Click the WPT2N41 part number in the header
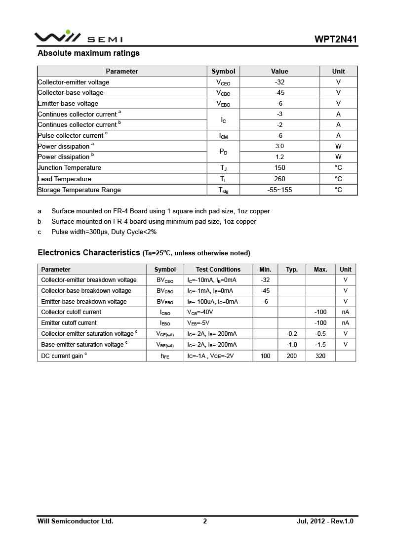(x=335, y=40)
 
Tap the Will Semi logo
(x=78, y=37)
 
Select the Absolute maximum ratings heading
(x=88, y=53)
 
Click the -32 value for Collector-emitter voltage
(x=279, y=82)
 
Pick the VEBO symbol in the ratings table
(x=223, y=104)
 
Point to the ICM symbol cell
(x=223, y=136)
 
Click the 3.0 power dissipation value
(x=279, y=146)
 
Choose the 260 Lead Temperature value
(x=279, y=179)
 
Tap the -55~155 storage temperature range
(x=279, y=190)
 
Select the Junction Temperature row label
(x=69, y=168)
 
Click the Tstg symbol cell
(x=223, y=190)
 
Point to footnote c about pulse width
(x=104, y=232)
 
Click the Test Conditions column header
(x=218, y=270)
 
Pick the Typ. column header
(x=292, y=270)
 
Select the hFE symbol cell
(x=165, y=356)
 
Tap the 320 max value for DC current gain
(x=320, y=356)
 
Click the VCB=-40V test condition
(x=200, y=312)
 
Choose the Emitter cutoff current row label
(x=69, y=323)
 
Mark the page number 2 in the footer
(x=205, y=521)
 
